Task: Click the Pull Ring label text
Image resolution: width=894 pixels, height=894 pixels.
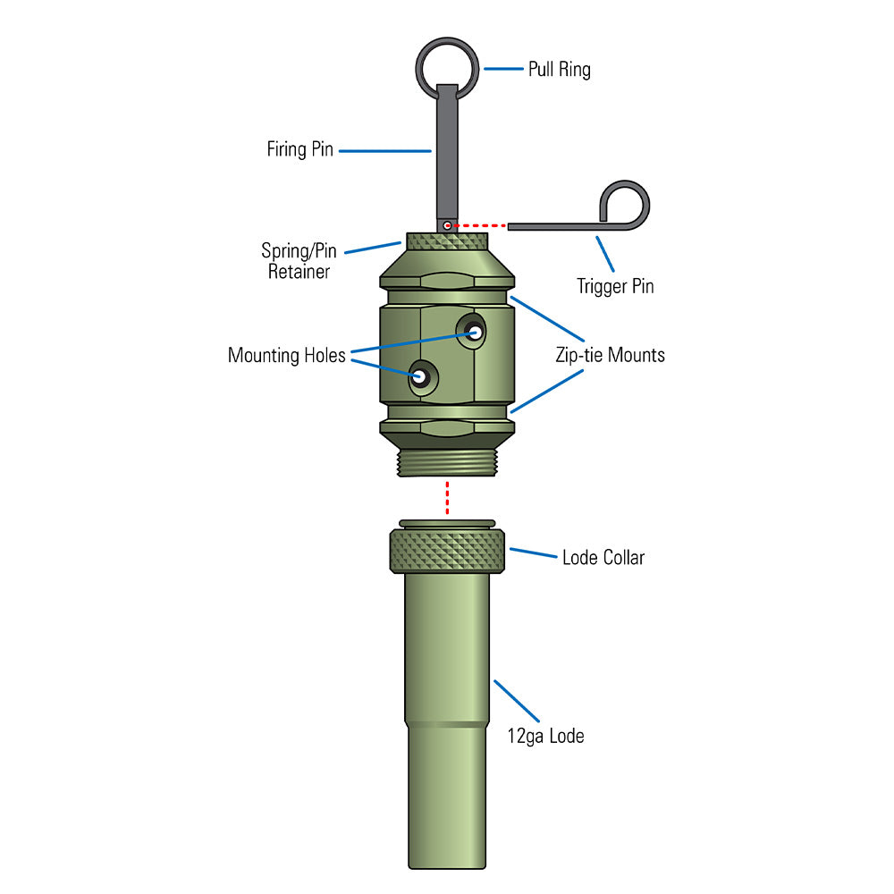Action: (x=559, y=69)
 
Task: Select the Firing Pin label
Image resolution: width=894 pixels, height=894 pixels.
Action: (x=299, y=149)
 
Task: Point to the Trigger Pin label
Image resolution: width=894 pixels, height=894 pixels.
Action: (x=615, y=287)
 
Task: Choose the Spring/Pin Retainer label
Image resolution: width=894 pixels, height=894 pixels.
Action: (x=299, y=261)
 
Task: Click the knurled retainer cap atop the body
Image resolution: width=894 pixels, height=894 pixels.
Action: (x=447, y=241)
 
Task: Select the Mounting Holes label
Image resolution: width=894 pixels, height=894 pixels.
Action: (x=286, y=355)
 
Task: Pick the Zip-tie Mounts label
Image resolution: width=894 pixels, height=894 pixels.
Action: (x=610, y=355)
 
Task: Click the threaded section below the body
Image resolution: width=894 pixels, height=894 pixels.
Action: (x=447, y=462)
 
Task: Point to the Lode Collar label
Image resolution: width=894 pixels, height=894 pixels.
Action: (x=603, y=558)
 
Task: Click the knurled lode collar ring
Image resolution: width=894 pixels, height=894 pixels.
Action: (x=447, y=552)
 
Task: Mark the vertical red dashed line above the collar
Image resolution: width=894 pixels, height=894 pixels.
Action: (x=447, y=498)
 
